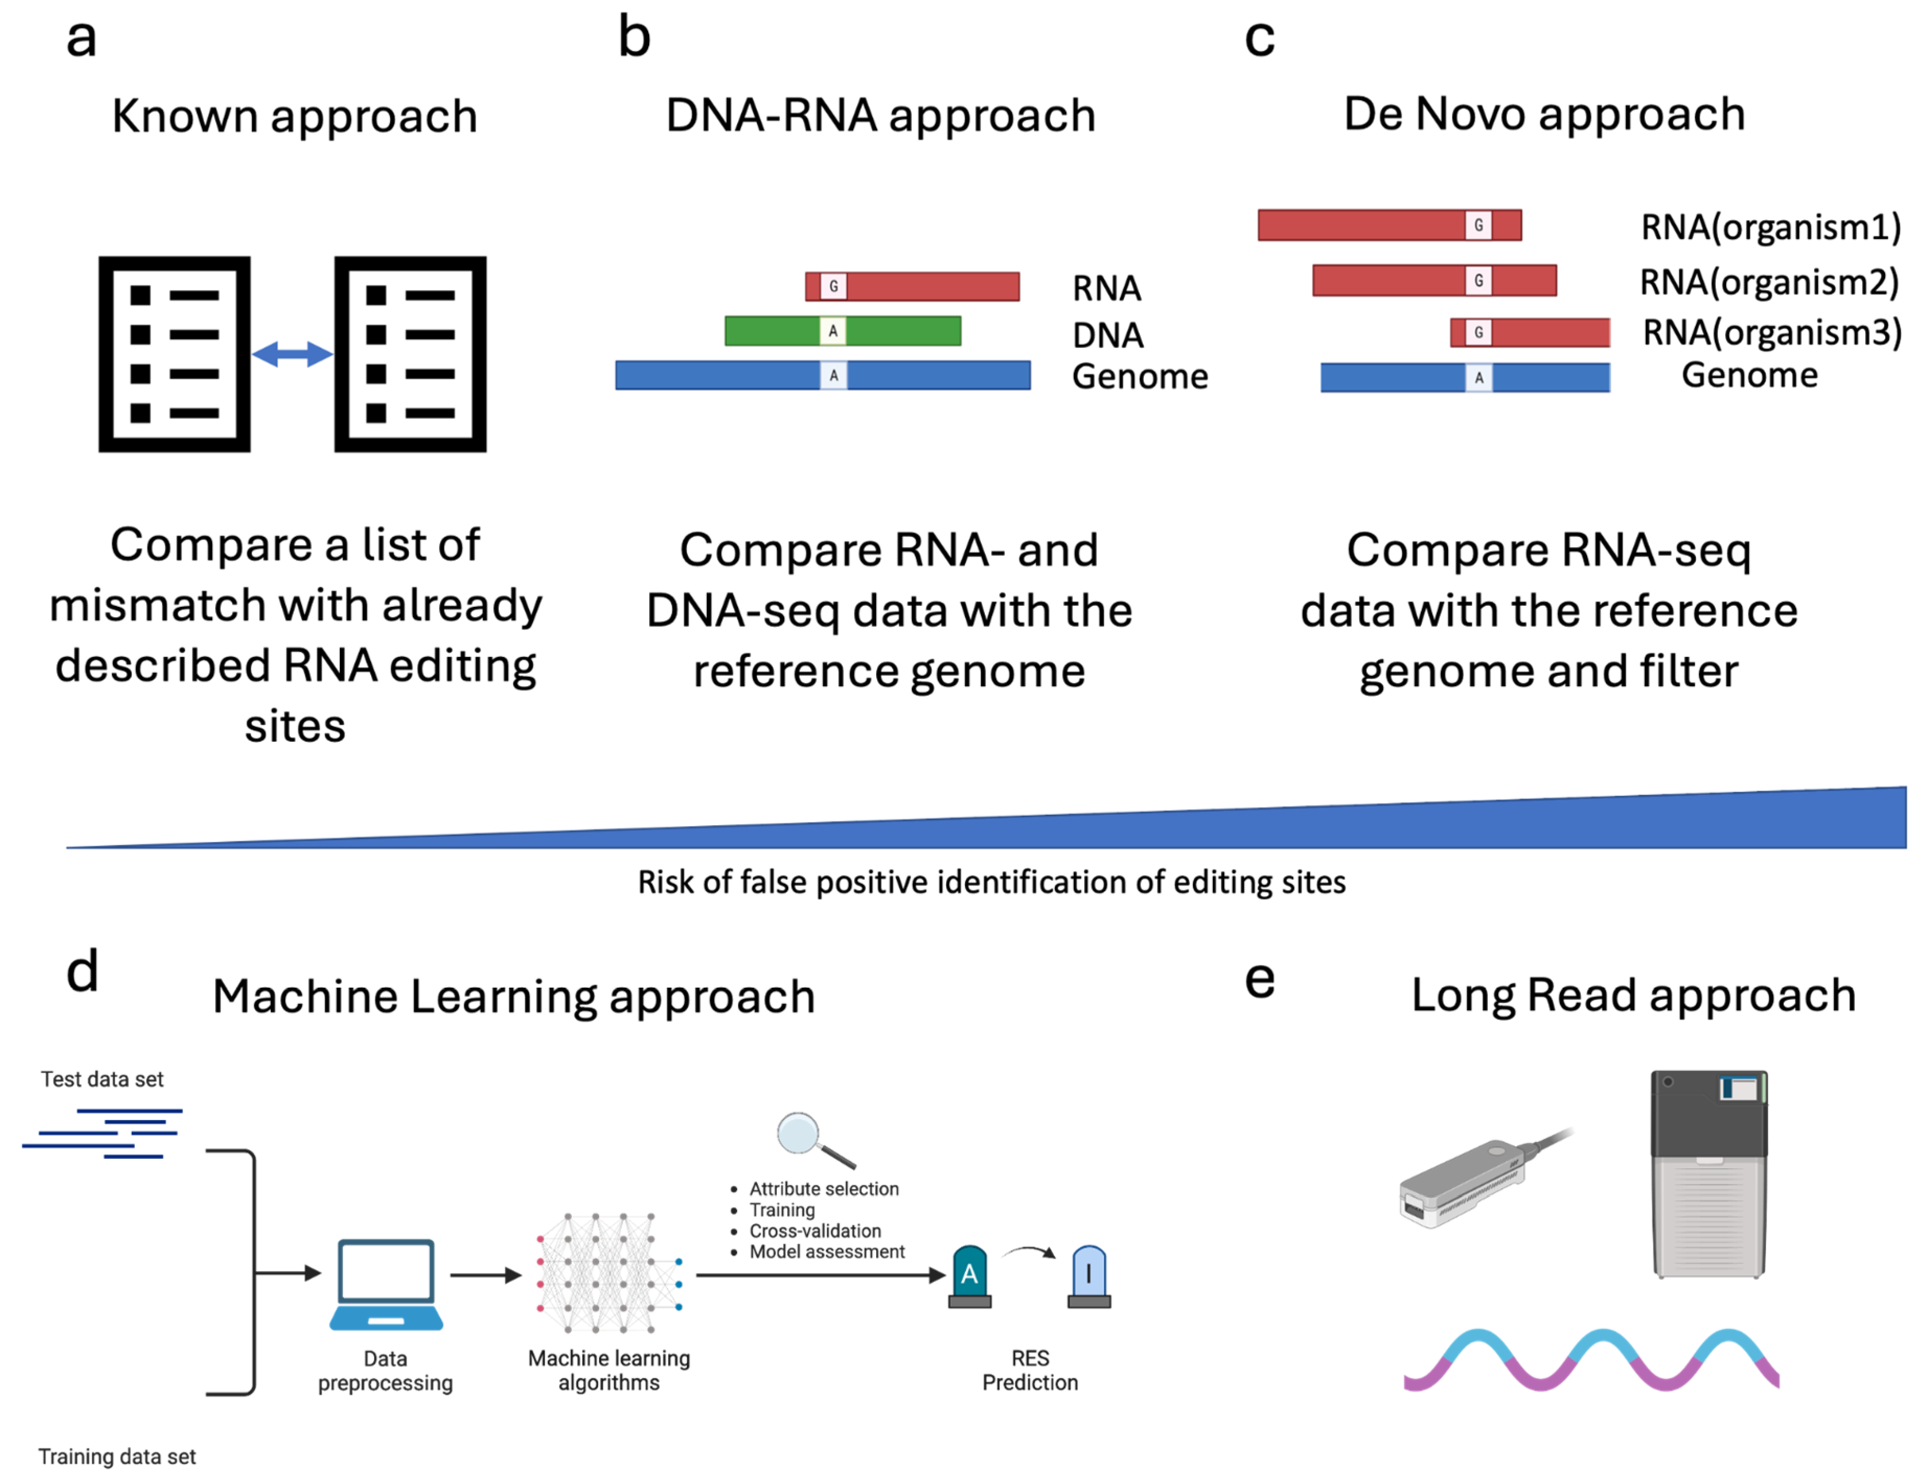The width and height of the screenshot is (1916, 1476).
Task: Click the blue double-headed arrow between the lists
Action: (292, 354)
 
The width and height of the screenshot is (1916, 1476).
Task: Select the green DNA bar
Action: (895, 331)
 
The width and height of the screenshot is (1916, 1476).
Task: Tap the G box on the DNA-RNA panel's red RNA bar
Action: (833, 286)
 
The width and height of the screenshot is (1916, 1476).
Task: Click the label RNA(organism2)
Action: (1769, 282)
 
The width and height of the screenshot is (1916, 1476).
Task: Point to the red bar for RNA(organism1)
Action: (1360, 225)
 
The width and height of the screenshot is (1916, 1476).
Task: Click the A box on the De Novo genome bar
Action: (1478, 378)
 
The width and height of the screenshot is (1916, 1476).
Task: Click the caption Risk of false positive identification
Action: (991, 881)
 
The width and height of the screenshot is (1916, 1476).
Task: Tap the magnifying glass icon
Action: (811, 1138)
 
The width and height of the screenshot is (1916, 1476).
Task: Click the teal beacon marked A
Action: (969, 1276)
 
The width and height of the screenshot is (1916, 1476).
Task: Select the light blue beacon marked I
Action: (1089, 1276)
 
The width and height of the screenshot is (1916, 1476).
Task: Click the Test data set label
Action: (102, 1079)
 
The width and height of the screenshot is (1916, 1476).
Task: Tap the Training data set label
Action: (117, 1456)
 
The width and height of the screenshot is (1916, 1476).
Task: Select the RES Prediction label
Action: (1030, 1370)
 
